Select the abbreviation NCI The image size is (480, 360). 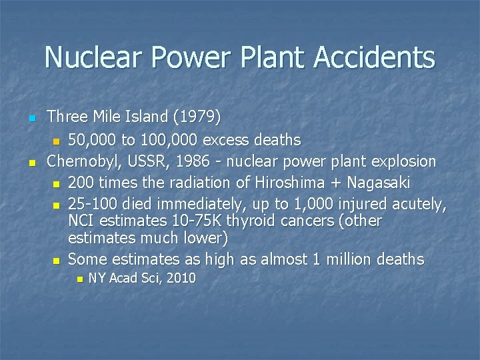pos(81,221)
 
